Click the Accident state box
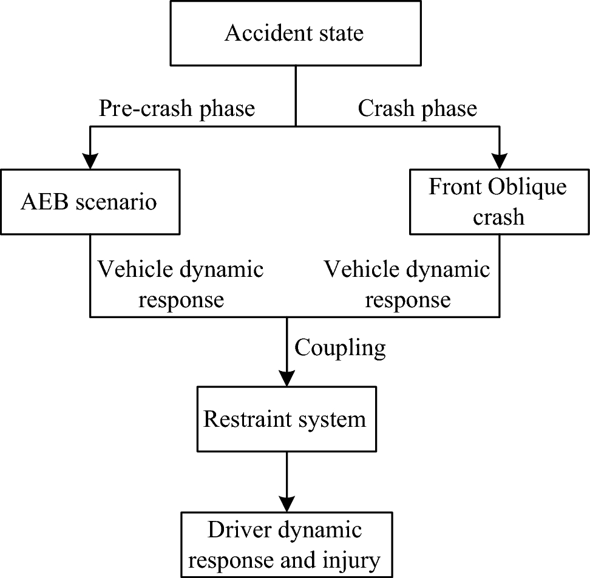click(x=294, y=33)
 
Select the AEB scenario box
click(x=90, y=202)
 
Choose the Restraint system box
click(x=285, y=420)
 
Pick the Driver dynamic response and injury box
click(x=285, y=543)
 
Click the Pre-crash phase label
click(x=177, y=109)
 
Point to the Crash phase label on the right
click(x=417, y=109)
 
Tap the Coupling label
click(x=340, y=348)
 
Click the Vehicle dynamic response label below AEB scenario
click(x=181, y=284)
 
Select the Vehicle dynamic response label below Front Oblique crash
click(x=407, y=284)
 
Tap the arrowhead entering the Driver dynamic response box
click(x=285, y=503)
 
